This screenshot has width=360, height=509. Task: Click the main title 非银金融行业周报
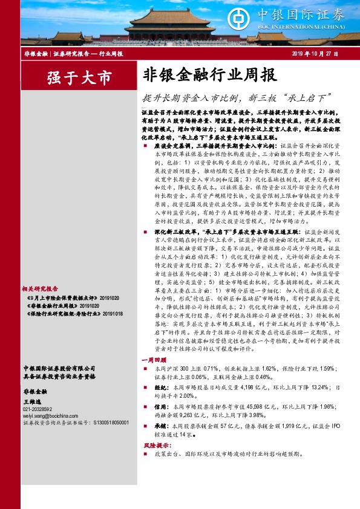pos(209,75)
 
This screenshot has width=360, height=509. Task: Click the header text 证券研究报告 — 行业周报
pos(88,54)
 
